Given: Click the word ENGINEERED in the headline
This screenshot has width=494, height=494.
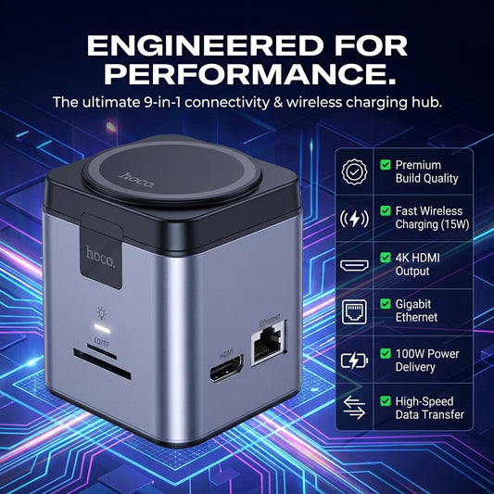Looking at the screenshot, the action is pyautogui.click(x=206, y=45).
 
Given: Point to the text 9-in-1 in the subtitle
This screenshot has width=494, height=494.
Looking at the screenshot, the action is pyautogui.click(x=162, y=102).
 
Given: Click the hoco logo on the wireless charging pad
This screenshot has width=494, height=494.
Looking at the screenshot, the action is pyautogui.click(x=137, y=181).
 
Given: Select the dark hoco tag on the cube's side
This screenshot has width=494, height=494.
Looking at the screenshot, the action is pyautogui.click(x=101, y=251).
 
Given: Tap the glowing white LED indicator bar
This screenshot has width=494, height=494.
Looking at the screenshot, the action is pyautogui.click(x=102, y=328).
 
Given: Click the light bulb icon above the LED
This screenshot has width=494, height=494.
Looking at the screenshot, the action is pyautogui.click(x=101, y=313).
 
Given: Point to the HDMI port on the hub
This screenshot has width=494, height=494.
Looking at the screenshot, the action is pyautogui.click(x=227, y=368).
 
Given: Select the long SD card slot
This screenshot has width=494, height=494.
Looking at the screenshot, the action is pyautogui.click(x=102, y=364).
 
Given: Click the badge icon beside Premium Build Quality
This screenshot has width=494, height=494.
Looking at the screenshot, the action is pyautogui.click(x=354, y=171).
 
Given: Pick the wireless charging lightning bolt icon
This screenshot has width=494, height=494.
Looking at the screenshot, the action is pyautogui.click(x=354, y=219).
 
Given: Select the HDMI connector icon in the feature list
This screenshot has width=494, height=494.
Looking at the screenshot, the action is pyautogui.click(x=354, y=265).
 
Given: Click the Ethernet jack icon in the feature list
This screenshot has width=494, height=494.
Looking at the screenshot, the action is pyautogui.click(x=354, y=312).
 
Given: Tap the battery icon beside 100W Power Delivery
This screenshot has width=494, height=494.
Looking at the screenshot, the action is pyautogui.click(x=354, y=361).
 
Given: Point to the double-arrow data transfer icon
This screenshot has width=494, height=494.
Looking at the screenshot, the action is pyautogui.click(x=354, y=408).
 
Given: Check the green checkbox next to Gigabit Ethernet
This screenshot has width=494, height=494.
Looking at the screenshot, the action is pyautogui.click(x=386, y=304).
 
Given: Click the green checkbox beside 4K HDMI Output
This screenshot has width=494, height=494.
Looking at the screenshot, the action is pyautogui.click(x=386, y=257).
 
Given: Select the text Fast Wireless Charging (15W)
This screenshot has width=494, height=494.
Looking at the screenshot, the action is pyautogui.click(x=432, y=218).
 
